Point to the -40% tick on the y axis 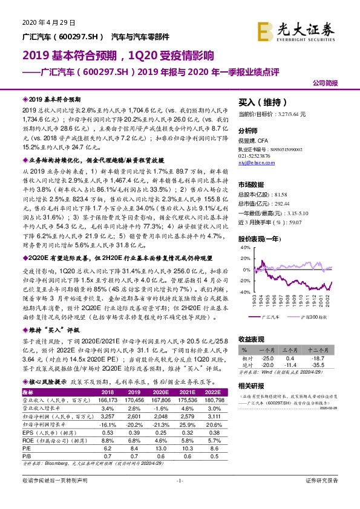pyautogui.click(x=242, y=291)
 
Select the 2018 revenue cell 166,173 pyautogui.click(x=106, y=400)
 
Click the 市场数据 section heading pyautogui.click(x=252, y=185)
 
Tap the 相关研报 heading pyautogui.click(x=252, y=386)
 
